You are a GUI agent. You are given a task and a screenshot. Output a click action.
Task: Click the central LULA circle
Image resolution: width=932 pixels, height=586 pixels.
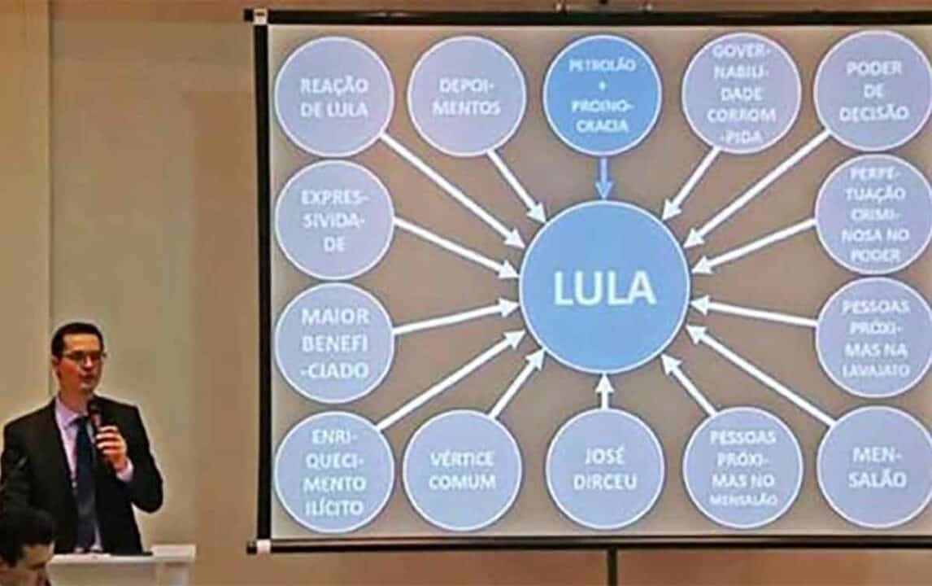604,287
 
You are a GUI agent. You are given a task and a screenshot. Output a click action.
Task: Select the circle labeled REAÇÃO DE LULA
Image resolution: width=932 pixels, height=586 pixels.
334,96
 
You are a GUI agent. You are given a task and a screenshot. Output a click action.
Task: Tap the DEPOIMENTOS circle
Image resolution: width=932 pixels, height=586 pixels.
466,96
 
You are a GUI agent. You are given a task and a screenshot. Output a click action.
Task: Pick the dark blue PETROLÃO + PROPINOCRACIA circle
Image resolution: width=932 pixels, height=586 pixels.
601,95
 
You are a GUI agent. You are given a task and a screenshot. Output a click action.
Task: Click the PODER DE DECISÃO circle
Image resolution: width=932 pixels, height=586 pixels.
873,90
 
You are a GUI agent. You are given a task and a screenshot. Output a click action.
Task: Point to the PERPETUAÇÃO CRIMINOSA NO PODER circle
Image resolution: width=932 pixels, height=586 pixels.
874,214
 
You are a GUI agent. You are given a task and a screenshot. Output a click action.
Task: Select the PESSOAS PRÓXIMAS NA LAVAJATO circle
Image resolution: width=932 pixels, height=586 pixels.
874,338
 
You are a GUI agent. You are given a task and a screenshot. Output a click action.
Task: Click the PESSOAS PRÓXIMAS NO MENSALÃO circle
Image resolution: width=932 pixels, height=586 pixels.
743,468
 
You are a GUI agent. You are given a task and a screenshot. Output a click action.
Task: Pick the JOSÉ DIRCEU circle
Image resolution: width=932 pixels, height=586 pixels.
604,470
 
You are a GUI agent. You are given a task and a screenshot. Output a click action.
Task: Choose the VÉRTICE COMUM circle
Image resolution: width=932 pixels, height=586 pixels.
462,470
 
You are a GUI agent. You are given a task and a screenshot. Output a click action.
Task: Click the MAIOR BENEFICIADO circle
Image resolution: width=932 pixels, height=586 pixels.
334,343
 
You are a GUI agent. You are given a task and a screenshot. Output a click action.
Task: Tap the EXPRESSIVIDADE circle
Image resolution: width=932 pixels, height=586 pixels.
334,221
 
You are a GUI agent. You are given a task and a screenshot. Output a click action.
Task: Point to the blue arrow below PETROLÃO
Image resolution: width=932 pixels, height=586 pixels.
603,178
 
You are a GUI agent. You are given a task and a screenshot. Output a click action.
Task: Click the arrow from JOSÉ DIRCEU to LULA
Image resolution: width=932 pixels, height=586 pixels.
604,391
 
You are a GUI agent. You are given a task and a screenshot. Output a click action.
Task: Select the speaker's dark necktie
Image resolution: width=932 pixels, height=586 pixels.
85,480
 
